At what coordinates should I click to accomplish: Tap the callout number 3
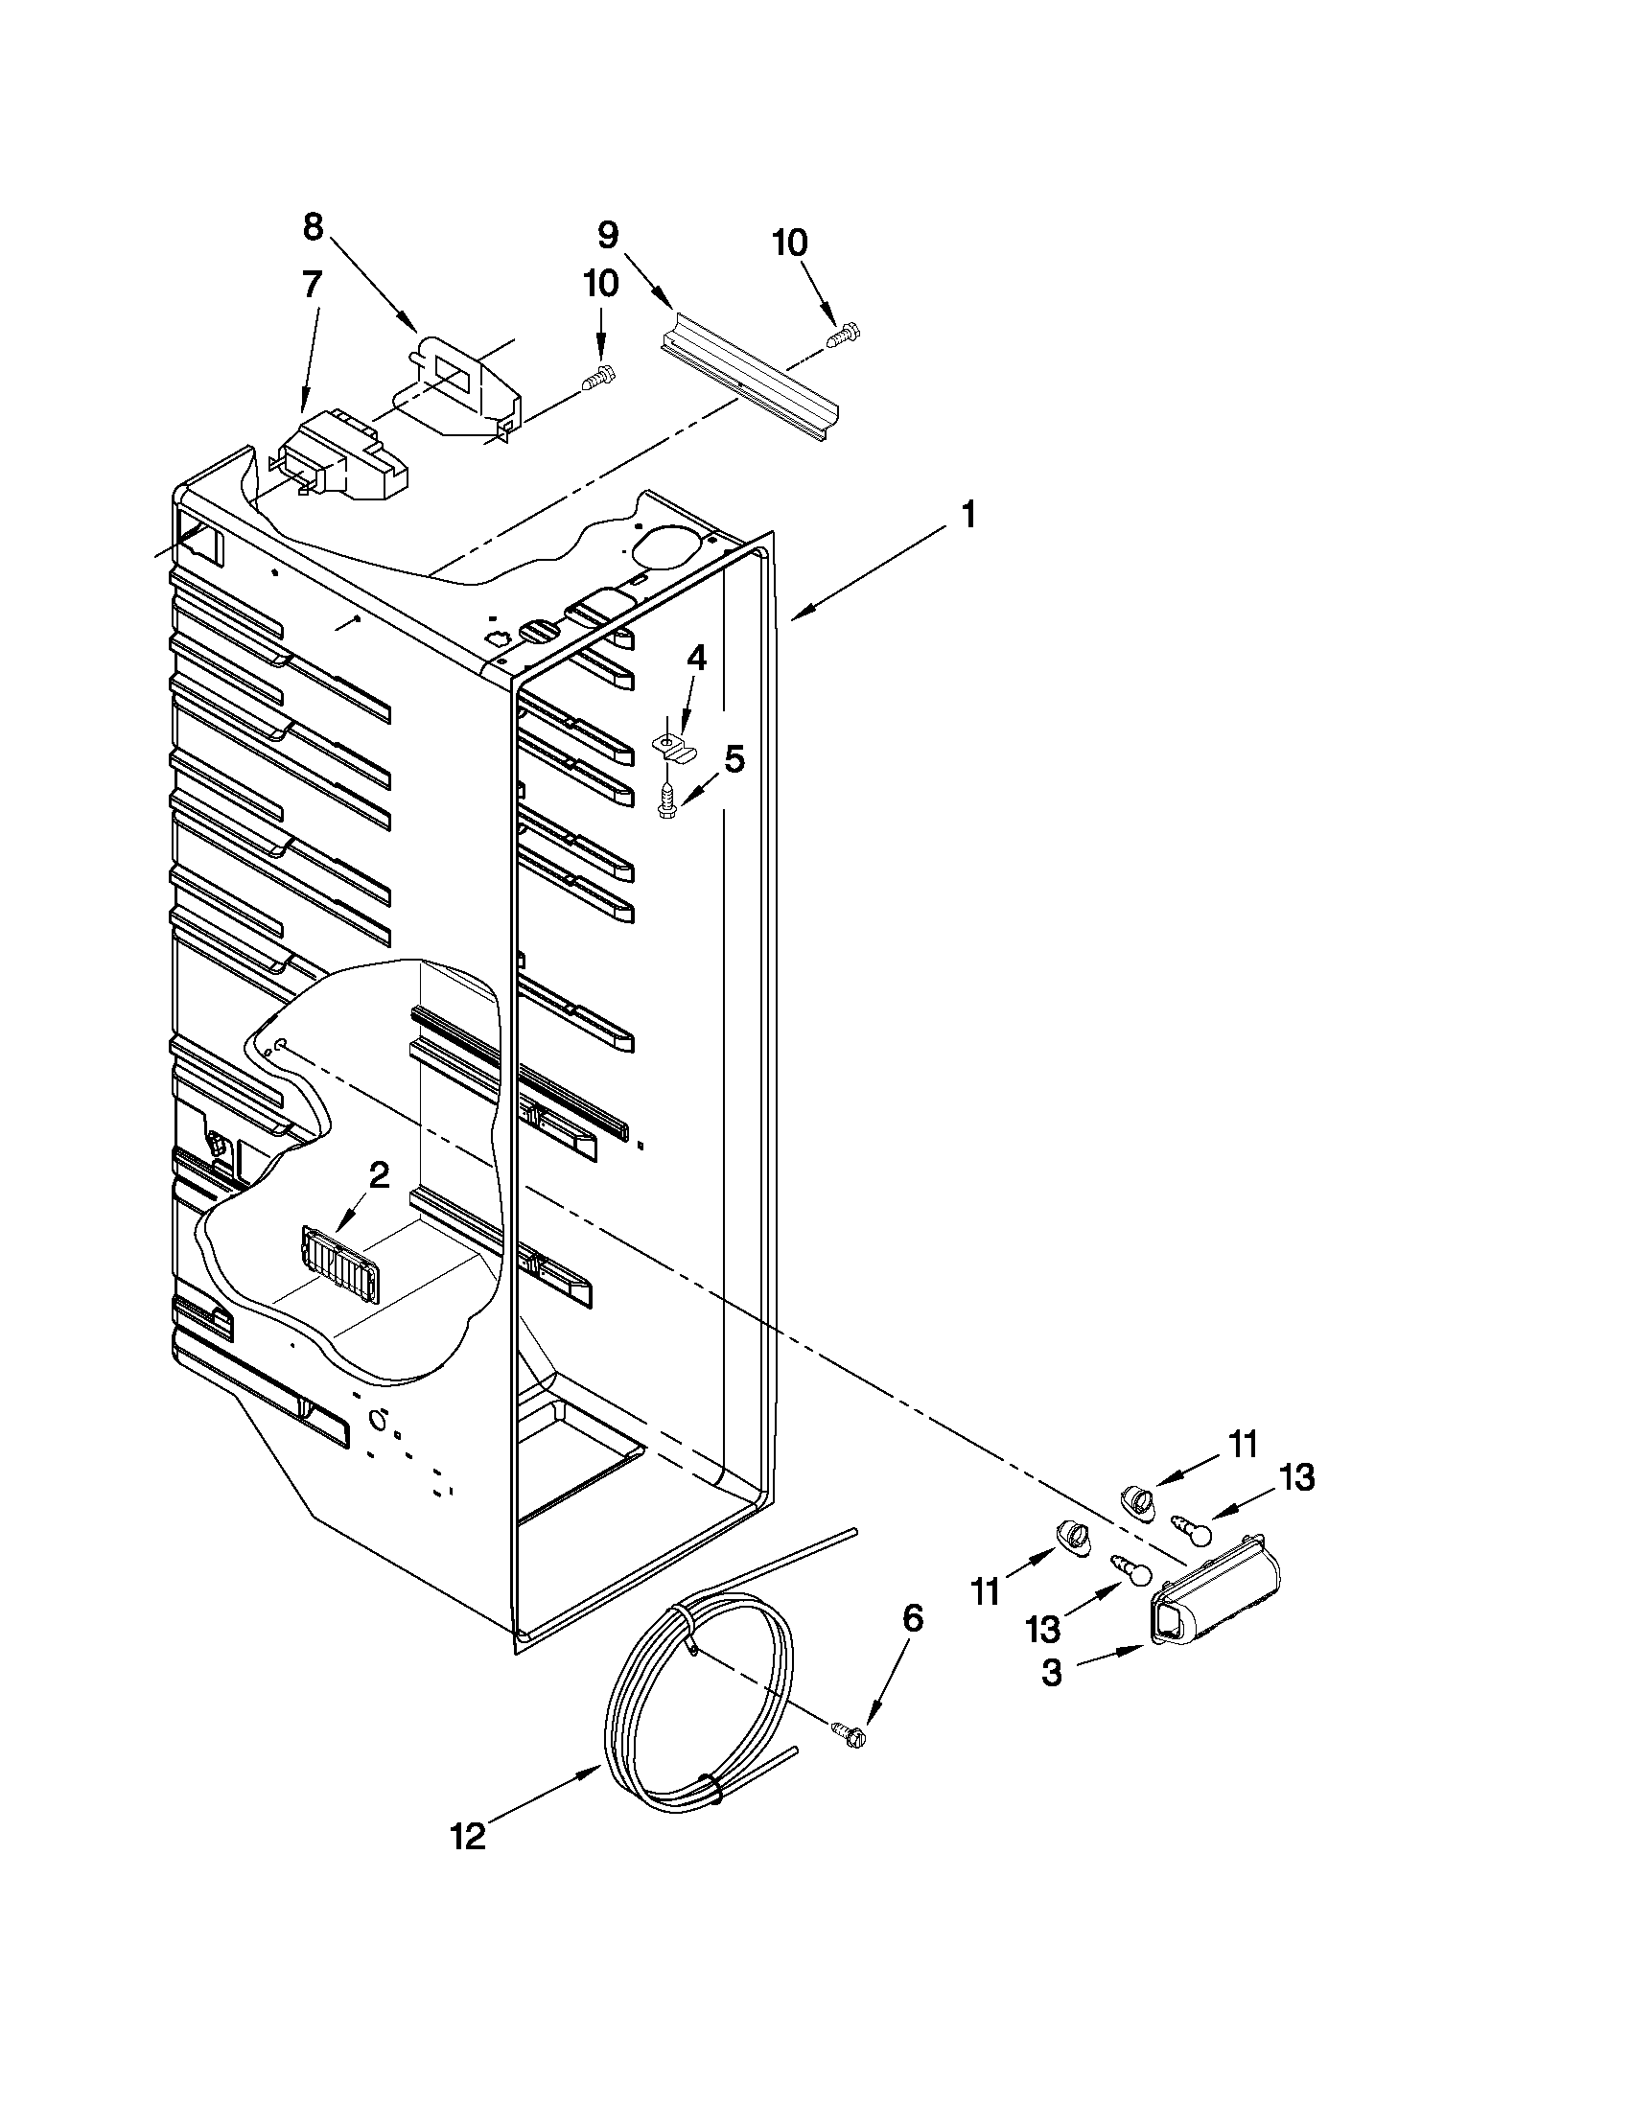pyautogui.click(x=1052, y=1672)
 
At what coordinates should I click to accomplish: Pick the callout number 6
pyautogui.click(x=912, y=1617)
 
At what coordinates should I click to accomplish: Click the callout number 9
pyautogui.click(x=607, y=235)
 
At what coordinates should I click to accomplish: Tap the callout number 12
pyautogui.click(x=469, y=1836)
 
